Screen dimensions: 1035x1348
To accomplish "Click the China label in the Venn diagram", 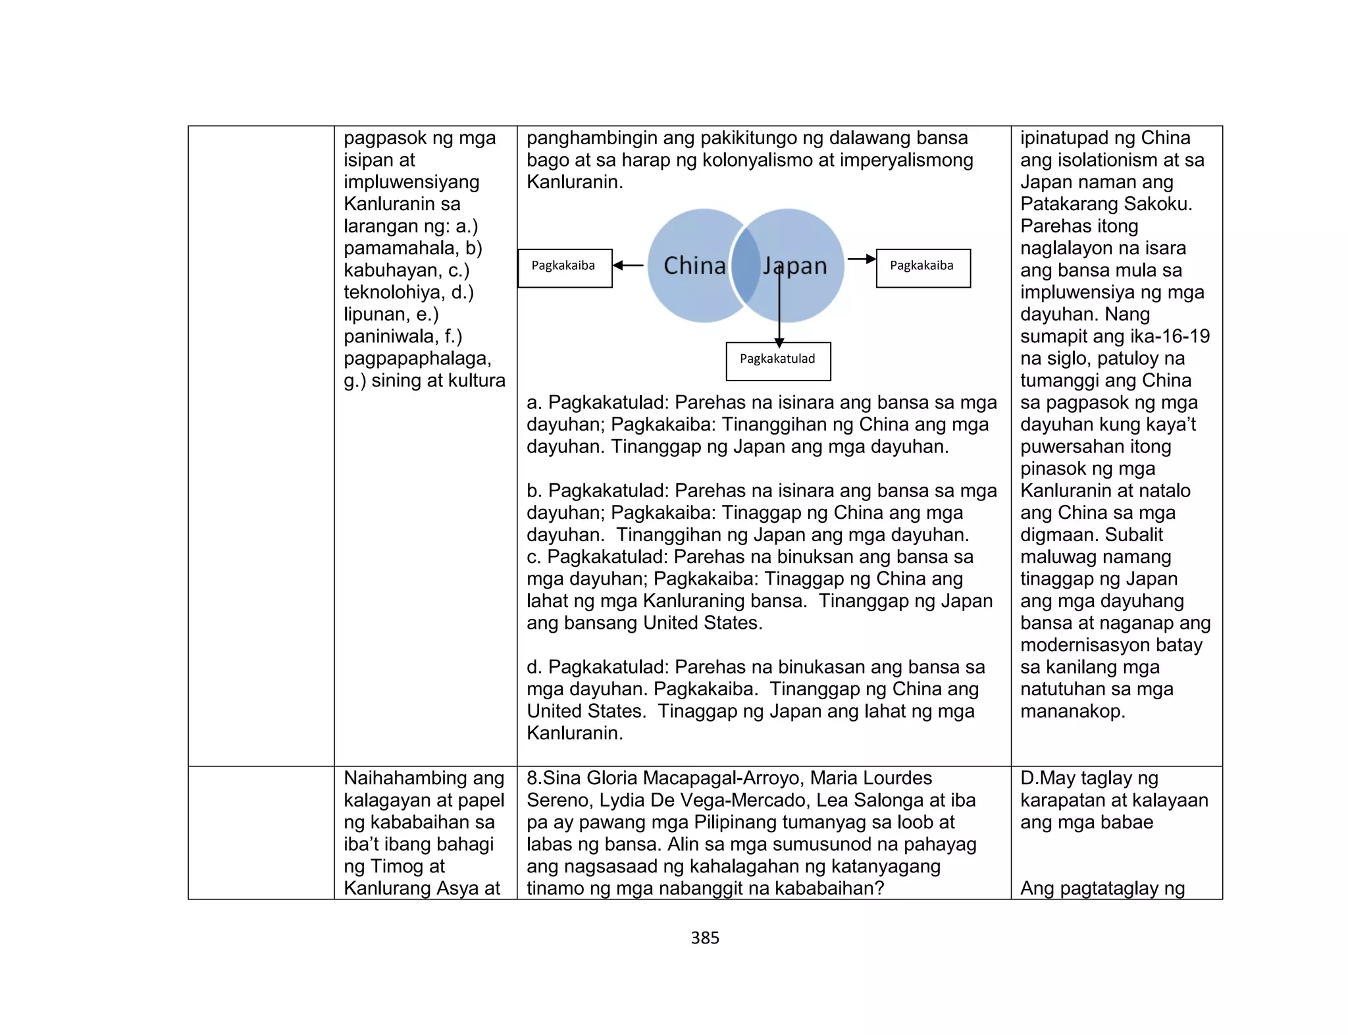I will (x=694, y=265).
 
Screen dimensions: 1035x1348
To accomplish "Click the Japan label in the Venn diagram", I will (x=795, y=265).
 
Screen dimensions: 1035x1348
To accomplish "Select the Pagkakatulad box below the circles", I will (x=778, y=361).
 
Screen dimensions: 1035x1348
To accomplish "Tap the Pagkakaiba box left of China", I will (x=565, y=268).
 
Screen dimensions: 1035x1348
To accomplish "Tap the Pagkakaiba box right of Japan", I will (x=923, y=268).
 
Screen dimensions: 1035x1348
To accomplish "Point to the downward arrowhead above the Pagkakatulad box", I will (x=779, y=342).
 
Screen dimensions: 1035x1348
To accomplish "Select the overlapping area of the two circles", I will (x=746, y=265).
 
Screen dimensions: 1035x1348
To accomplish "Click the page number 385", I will (x=705, y=938).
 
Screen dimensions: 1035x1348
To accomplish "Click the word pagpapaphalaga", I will (x=417, y=359).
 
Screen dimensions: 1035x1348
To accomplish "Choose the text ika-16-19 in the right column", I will (x=1151, y=336).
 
